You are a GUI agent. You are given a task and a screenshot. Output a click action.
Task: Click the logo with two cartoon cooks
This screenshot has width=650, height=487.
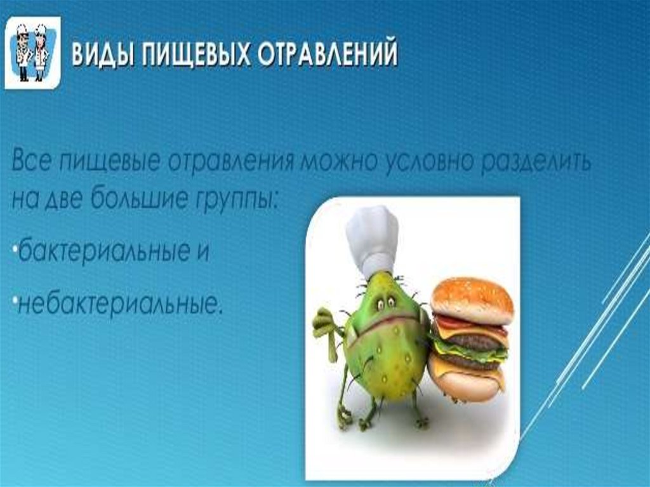(x=33, y=53)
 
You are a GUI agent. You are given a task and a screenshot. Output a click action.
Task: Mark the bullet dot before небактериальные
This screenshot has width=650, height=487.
(x=15, y=298)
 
